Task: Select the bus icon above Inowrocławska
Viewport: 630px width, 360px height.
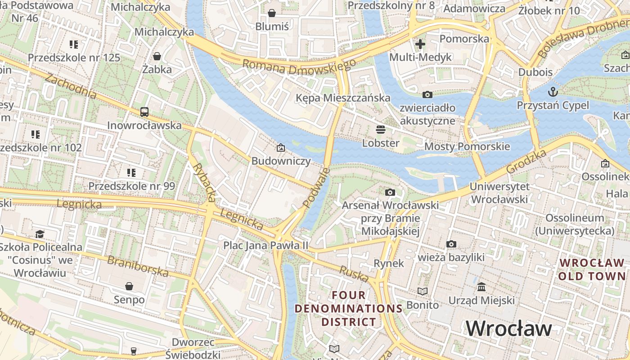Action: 144,112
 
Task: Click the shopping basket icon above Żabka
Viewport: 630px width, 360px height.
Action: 157,56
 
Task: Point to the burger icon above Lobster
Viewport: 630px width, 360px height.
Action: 381,130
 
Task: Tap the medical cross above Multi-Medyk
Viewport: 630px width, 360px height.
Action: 420,44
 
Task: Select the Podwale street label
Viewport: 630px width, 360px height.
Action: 316,188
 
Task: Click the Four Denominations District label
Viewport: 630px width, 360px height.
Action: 349,309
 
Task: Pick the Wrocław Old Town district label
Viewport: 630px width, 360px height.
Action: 592,269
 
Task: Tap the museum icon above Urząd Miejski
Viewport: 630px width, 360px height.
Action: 481,287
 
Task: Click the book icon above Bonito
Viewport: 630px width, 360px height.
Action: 422,292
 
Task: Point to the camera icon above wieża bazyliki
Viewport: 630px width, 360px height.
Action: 451,244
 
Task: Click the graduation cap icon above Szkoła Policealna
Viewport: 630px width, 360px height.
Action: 40,234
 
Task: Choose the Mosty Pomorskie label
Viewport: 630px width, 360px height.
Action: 467,146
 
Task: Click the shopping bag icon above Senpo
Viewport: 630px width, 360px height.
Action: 129,286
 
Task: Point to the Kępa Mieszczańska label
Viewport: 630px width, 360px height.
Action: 343,98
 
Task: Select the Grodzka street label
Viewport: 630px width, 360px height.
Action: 526,161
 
